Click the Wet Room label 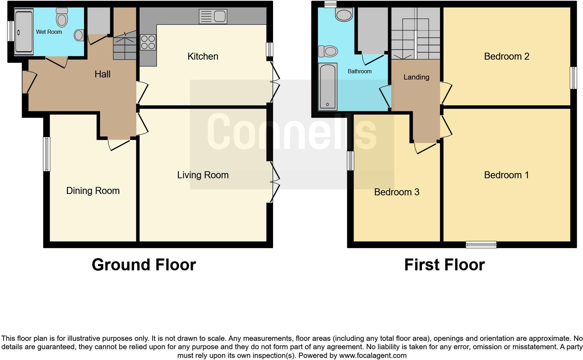point(49,32)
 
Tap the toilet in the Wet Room point(62,18)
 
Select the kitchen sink point(213,17)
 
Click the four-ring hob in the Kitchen point(148,42)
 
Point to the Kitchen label point(203,57)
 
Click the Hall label point(103,74)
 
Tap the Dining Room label point(93,191)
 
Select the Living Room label point(203,175)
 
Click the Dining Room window point(46,154)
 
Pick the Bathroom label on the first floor point(359,71)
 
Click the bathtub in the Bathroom point(328,86)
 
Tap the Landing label point(416,77)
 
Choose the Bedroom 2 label point(506,57)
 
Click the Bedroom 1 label point(506,175)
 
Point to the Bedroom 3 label point(396,192)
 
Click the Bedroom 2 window point(573,77)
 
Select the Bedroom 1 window point(481,245)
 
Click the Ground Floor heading point(144,265)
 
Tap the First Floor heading point(444,265)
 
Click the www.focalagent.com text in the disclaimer point(373,356)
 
